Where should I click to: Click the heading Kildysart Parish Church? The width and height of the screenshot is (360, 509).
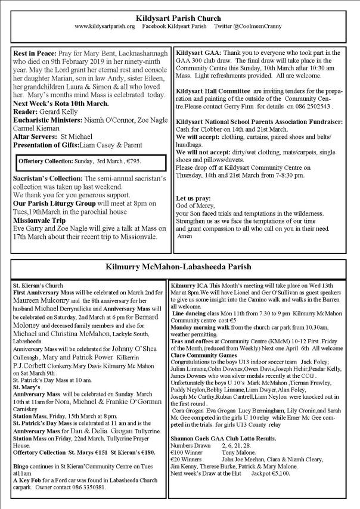179,18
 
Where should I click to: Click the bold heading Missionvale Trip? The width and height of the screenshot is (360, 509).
42,219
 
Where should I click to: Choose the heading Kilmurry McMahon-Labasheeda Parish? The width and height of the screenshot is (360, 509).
179,267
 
